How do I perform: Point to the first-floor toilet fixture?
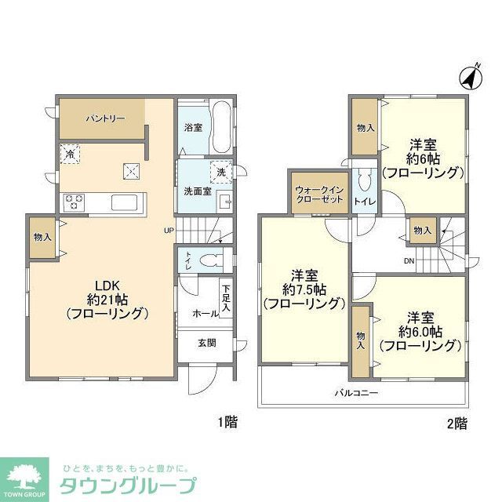tap(208, 260)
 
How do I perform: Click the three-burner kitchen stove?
tap(75, 202)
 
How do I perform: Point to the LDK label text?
tap(107, 284)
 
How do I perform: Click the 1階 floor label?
tap(227, 423)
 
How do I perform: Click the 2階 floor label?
tap(457, 423)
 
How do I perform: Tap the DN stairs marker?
tap(409, 260)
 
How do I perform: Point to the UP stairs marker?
tap(168, 230)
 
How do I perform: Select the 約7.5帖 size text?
tap(303, 289)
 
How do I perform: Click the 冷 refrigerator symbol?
tap(70, 155)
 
